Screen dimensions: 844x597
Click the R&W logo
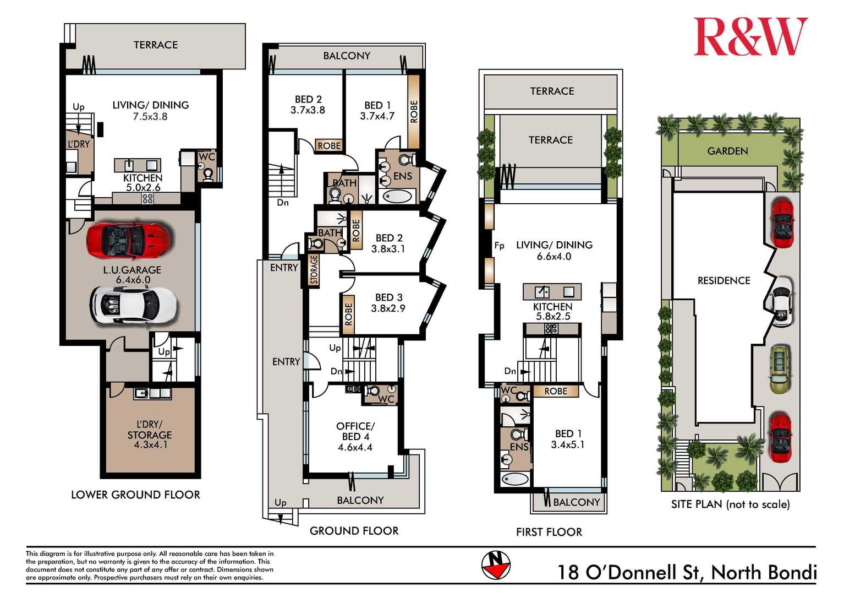coord(750,36)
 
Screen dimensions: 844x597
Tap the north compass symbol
coord(496,565)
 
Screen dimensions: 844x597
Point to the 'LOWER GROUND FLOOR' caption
coord(136,495)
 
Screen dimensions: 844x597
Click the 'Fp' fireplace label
coord(499,246)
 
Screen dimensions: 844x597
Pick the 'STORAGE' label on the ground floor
coord(314,270)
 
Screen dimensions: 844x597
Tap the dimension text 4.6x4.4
coord(355,447)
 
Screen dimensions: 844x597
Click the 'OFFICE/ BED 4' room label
coord(355,431)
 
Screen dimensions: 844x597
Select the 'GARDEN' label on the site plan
coord(727,151)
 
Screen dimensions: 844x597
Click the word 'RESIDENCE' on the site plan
coord(724,280)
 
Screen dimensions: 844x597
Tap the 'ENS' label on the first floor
coord(519,447)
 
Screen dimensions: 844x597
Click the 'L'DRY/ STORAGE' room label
coord(150,430)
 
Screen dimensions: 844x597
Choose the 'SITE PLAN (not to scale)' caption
coord(730,504)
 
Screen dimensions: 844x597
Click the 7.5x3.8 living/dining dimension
coord(150,117)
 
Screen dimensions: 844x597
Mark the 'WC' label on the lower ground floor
coord(206,156)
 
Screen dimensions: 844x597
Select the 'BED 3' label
coord(389,297)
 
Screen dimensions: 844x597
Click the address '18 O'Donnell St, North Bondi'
coord(687,572)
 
